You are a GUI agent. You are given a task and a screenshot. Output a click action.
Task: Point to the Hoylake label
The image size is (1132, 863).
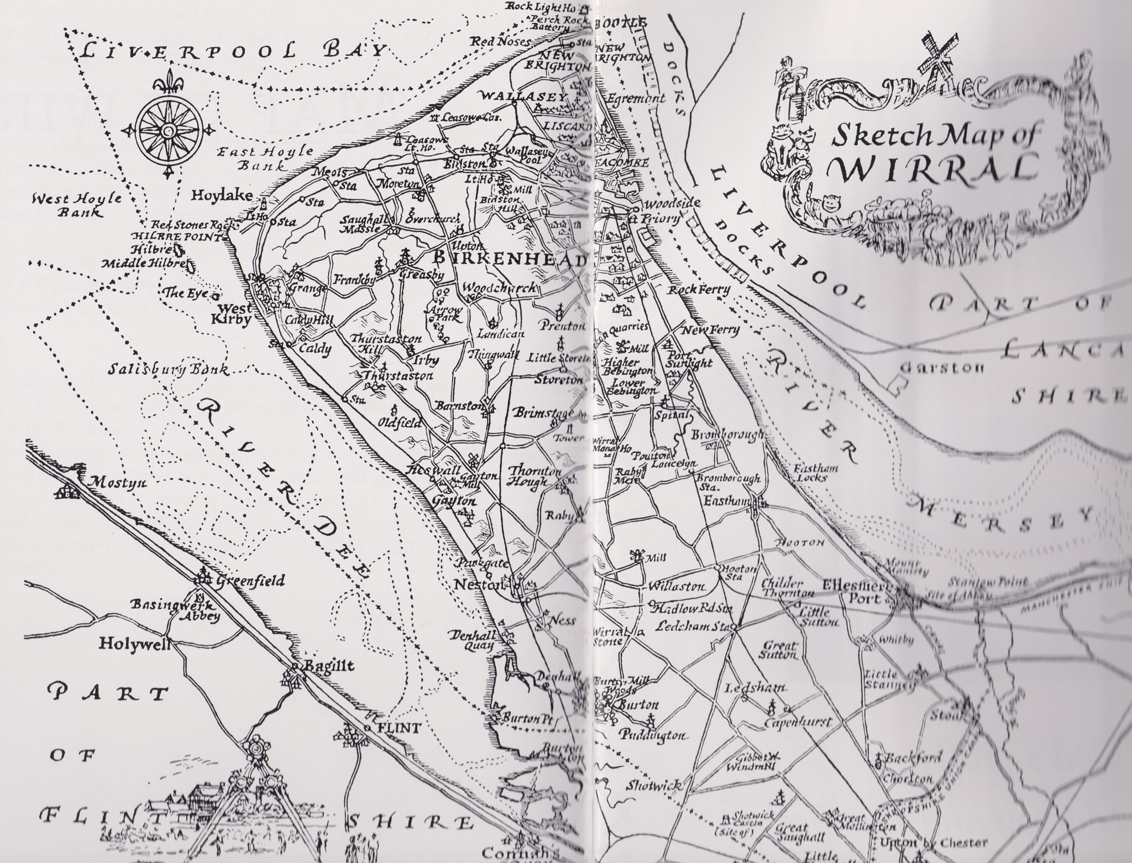pos(222,195)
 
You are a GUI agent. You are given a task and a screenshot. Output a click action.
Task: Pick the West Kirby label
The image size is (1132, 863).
pos(236,314)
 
